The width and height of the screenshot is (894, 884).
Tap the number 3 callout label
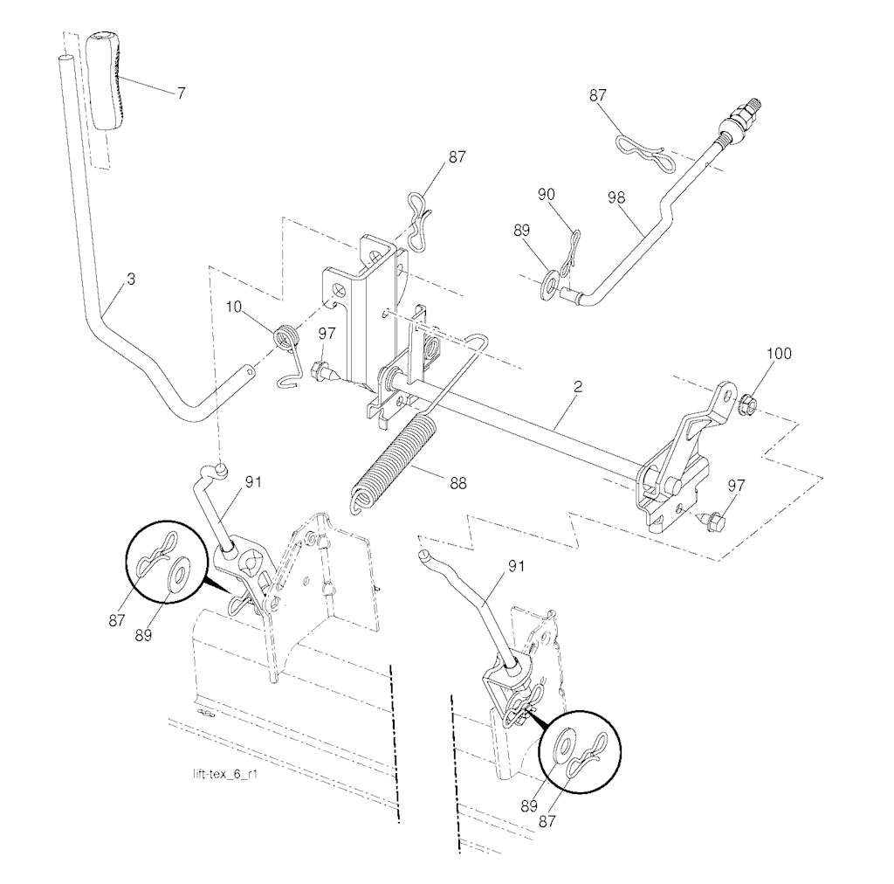tap(131, 280)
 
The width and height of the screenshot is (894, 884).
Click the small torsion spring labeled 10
tap(286, 336)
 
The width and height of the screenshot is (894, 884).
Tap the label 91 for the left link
tap(252, 480)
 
